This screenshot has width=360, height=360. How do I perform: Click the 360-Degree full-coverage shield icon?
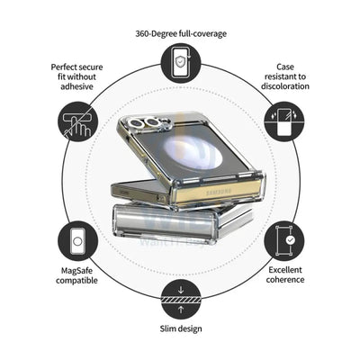tap(181, 63)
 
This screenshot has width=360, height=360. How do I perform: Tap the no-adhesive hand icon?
tap(77, 121)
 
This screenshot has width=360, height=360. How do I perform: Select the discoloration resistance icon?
tap(284, 121)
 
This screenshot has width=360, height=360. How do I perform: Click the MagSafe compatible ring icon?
tap(77, 241)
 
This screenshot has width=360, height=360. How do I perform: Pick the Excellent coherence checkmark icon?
tap(284, 241)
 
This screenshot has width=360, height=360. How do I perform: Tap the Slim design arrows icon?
tap(181, 299)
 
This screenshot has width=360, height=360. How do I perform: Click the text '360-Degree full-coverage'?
tap(181, 33)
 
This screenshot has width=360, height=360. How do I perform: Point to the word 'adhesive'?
tap(76, 86)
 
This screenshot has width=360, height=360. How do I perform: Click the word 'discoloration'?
tap(285, 86)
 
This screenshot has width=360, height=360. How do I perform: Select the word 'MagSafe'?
tap(76, 271)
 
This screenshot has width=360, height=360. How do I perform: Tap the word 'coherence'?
tap(285, 280)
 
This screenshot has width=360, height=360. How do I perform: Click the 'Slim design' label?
tap(181, 328)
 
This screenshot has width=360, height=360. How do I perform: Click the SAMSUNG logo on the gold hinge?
tap(220, 193)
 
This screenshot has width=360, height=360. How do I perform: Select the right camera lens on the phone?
tap(153, 121)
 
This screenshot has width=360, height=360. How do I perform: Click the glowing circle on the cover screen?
tap(193, 151)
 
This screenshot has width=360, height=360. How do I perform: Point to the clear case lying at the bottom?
tap(183, 220)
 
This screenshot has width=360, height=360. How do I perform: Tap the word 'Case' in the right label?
tap(285, 67)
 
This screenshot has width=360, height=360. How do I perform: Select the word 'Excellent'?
tap(285, 270)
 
